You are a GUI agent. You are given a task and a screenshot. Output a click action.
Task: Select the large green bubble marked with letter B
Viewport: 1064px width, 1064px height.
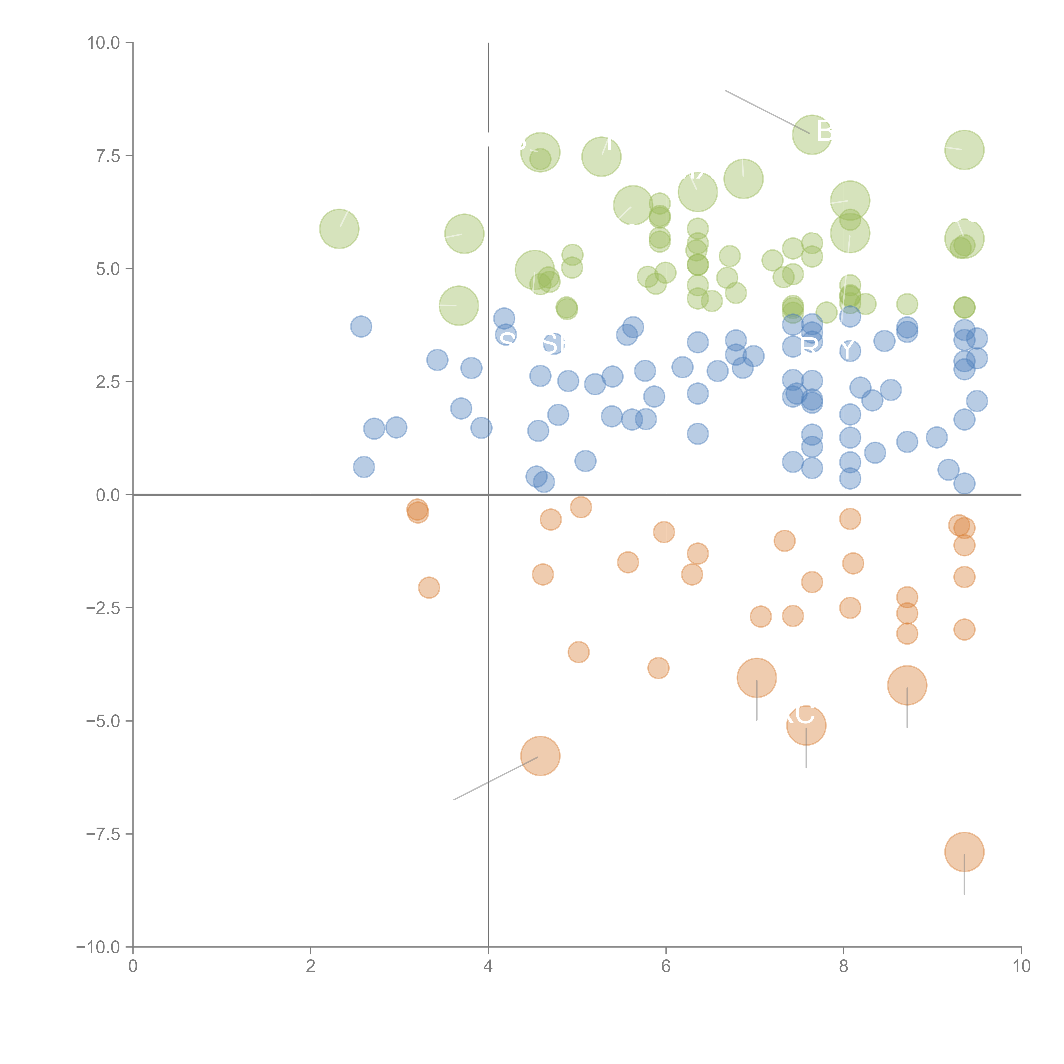(812, 135)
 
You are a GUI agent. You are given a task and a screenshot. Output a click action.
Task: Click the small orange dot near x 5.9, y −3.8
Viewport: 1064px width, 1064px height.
(658, 668)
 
